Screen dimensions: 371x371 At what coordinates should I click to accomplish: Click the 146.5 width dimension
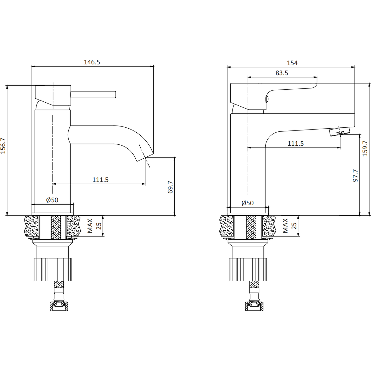tap(92, 62)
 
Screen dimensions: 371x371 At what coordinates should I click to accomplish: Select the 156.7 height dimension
tap(3, 146)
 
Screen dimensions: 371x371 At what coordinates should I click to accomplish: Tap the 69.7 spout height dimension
tap(170, 187)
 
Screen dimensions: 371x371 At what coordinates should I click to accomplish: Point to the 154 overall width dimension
tap(292, 63)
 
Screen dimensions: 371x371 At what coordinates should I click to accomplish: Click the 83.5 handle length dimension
tap(282, 73)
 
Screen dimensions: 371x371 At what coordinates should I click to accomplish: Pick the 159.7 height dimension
tap(365, 149)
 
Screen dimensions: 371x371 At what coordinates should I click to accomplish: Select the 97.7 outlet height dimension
tap(355, 175)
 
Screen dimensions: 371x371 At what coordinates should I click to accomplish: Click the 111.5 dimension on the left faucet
tap(100, 180)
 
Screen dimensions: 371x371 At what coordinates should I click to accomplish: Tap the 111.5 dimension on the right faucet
tap(296, 143)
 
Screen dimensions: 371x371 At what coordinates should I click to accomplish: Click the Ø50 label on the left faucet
tap(52, 200)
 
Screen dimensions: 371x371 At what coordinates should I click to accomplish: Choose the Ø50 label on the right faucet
tap(248, 203)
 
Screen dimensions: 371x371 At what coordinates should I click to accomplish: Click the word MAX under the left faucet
tap(90, 226)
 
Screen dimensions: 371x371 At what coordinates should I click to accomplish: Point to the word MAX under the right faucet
tap(285, 226)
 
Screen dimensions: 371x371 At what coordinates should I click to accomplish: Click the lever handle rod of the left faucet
tap(93, 95)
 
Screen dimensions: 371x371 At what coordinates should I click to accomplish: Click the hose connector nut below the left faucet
tap(59, 306)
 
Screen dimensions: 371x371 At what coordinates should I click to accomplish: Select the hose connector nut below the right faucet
tap(254, 306)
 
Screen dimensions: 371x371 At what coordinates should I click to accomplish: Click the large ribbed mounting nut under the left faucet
tap(53, 270)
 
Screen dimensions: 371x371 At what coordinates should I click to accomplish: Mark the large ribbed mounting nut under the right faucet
tap(248, 270)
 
